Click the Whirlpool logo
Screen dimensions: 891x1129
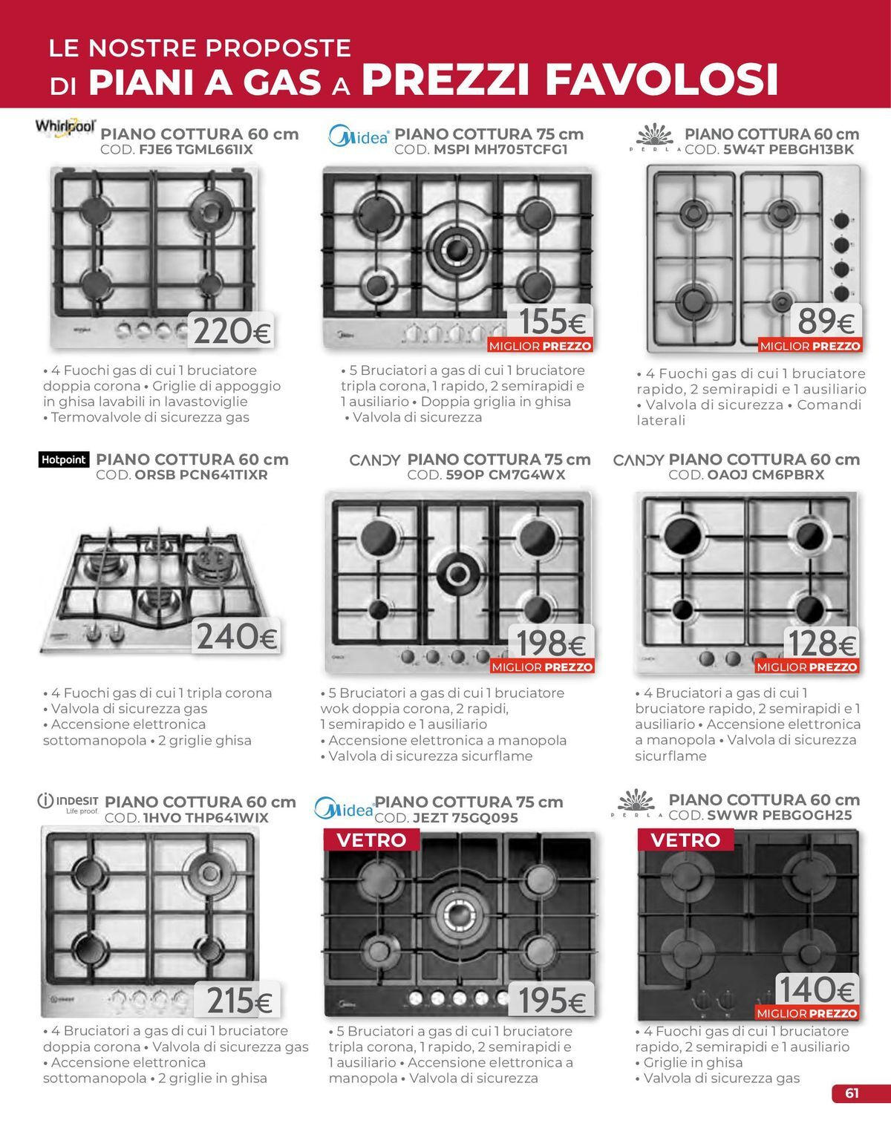point(65,128)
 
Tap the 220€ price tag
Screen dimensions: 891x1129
point(231,330)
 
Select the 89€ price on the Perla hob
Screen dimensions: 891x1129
point(826,321)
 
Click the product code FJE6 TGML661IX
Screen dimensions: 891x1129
point(196,150)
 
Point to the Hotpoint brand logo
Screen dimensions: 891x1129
point(64,459)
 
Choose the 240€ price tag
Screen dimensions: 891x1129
point(236,636)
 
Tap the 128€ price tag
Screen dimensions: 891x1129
point(822,643)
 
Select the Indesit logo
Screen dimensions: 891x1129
point(68,803)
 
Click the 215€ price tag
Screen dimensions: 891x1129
point(237,1000)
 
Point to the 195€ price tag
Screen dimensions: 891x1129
point(552,1000)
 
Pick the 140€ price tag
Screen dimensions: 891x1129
point(817,989)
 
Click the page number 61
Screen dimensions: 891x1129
point(852,1093)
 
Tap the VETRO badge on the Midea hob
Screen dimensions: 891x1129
point(371,840)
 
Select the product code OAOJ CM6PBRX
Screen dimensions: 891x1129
point(766,475)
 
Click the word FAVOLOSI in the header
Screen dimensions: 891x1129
point(662,79)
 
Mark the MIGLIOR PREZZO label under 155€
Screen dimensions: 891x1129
point(541,346)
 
